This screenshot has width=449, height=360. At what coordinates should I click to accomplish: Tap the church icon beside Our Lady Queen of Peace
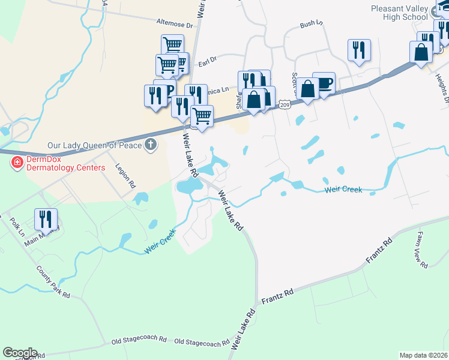[150, 145]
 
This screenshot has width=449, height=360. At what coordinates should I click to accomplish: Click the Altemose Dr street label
[174, 25]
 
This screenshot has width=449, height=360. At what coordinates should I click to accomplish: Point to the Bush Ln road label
[311, 25]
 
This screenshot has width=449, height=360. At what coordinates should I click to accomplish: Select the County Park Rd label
[53, 281]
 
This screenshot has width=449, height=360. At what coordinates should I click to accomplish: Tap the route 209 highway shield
[285, 105]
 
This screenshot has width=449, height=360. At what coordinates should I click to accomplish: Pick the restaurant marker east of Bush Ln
[359, 50]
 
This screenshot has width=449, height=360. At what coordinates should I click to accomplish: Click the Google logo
[20, 353]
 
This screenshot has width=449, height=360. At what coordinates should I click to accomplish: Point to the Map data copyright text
[423, 355]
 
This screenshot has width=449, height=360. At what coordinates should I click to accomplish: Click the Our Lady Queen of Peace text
[94, 145]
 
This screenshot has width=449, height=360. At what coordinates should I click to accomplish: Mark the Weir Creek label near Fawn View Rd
[343, 190]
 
